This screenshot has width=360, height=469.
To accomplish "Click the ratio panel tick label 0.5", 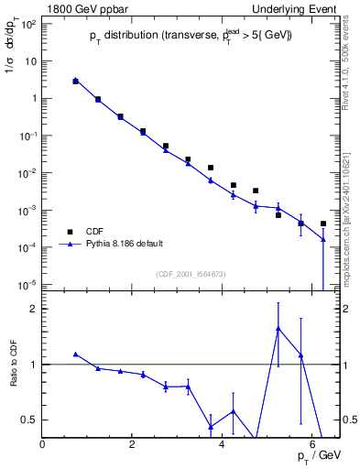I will click(29, 420).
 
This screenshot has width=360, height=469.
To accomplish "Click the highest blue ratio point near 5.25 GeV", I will click(278, 329).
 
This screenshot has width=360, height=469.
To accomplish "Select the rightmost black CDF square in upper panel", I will click(323, 224).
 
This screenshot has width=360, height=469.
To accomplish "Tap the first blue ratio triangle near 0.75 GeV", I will click(76, 354).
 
